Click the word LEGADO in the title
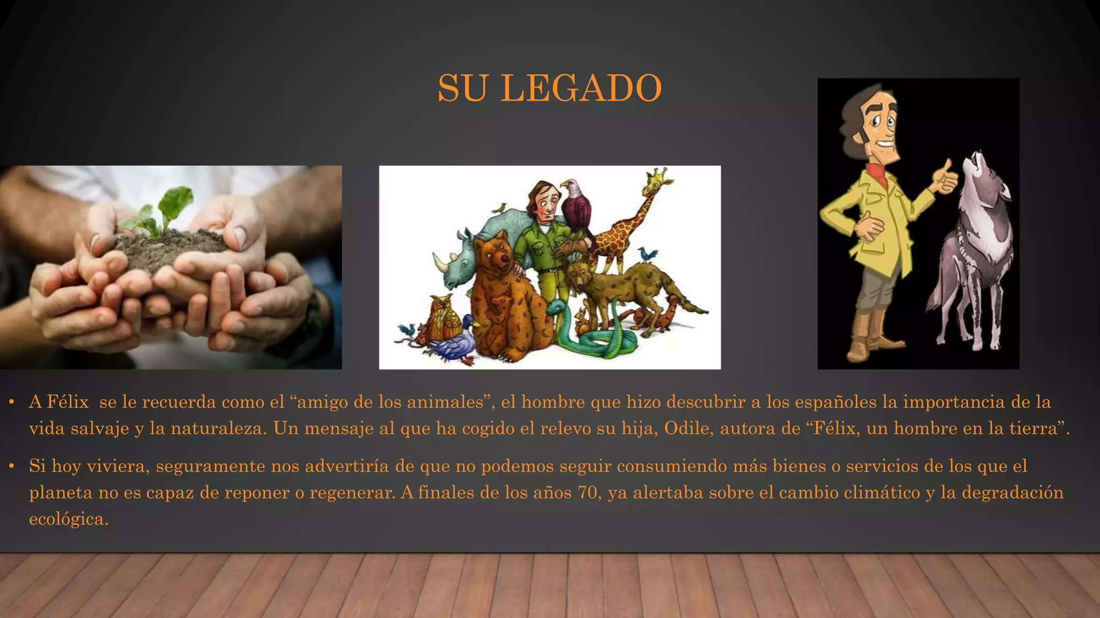[x=581, y=88]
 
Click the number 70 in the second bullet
[x=588, y=492]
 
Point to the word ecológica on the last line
[x=68, y=519]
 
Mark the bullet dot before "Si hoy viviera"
[x=11, y=466]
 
